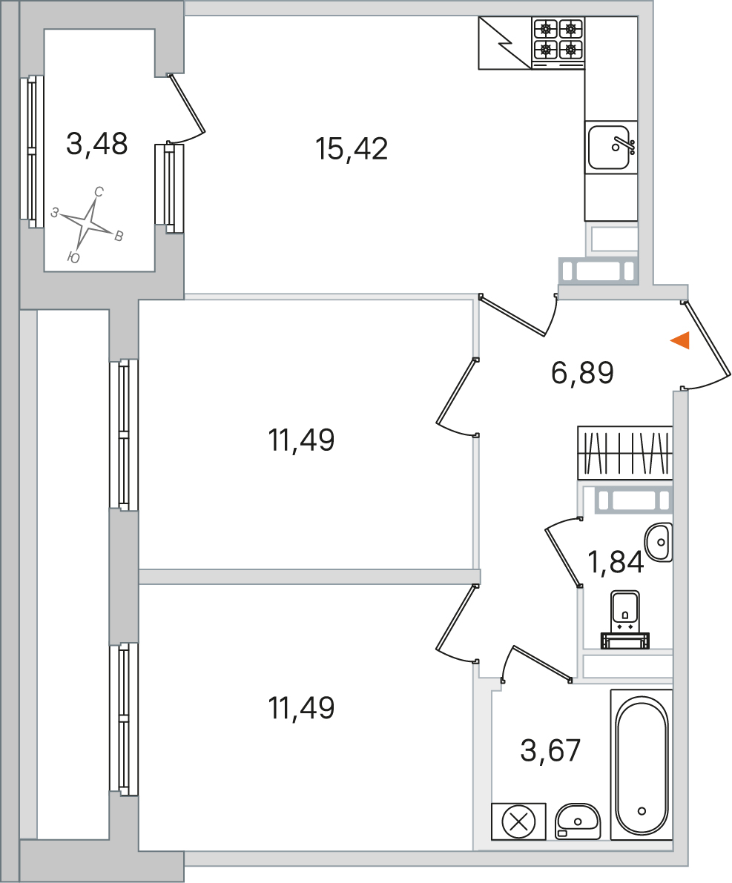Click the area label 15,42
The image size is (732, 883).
click(x=352, y=149)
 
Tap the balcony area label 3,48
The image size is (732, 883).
click(x=97, y=144)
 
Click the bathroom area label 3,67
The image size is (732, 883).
click(x=550, y=751)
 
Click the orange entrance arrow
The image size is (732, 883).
click(x=680, y=340)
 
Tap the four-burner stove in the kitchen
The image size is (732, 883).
click(x=558, y=41)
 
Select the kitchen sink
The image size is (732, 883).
click(x=611, y=148)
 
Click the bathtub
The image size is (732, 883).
click(x=642, y=765)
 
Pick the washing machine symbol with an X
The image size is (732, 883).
click(x=518, y=821)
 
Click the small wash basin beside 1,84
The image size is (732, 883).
click(x=659, y=542)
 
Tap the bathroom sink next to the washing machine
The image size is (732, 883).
click(x=578, y=821)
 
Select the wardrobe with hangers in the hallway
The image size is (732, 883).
click(x=624, y=453)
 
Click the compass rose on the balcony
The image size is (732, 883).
click(x=88, y=222)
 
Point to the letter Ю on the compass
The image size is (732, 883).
click(x=73, y=258)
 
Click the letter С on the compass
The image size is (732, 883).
click(x=99, y=192)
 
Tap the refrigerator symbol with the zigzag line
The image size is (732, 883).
click(x=505, y=43)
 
